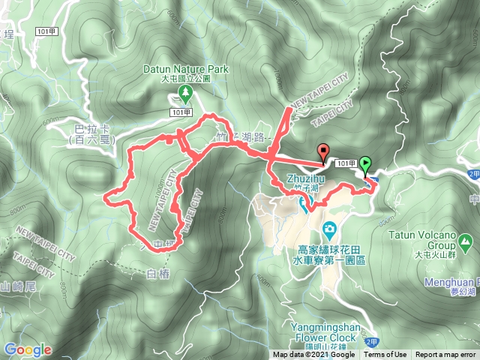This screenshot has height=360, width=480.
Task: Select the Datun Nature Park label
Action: [x=185, y=68]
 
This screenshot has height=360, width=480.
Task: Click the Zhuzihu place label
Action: [x=307, y=178]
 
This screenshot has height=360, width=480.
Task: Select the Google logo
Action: [x=28, y=349]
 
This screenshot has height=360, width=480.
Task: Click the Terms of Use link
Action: [x=386, y=355]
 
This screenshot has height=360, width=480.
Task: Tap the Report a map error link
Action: [x=446, y=355]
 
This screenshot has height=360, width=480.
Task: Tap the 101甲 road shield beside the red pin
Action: [x=346, y=163]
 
